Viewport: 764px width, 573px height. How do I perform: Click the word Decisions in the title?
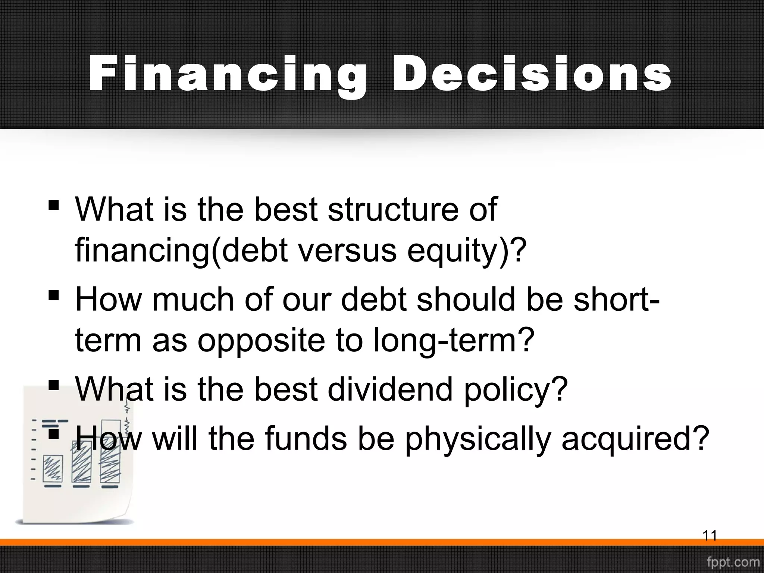point(532,74)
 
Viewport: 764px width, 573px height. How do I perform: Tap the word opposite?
point(261,341)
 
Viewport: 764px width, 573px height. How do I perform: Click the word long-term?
point(451,341)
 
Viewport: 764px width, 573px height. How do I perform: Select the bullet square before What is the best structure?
point(54,206)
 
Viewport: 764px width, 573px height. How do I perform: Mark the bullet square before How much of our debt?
point(54,296)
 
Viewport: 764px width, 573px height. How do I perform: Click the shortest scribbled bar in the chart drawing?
point(53,469)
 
